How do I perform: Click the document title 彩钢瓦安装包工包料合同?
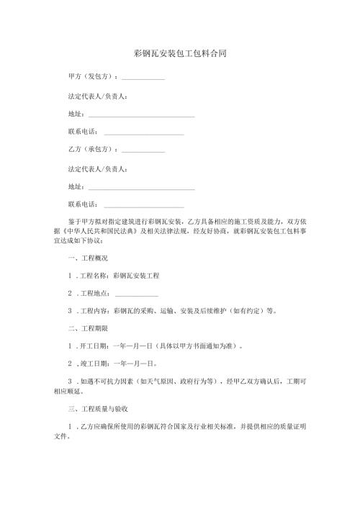[181, 54]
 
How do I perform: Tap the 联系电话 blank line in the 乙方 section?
[144, 206]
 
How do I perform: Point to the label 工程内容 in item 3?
[94, 312]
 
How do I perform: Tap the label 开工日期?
[94, 346]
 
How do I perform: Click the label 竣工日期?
[94, 364]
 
